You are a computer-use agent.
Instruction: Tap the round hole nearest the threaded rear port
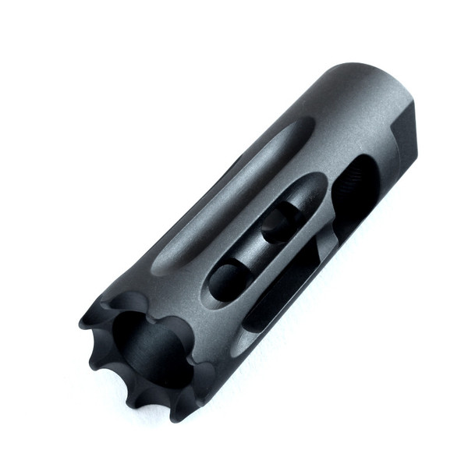(279, 223)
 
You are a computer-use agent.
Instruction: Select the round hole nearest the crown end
(225, 278)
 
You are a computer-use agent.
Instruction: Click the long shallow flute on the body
(234, 195)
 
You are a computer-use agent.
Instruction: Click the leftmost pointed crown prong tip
(83, 322)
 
